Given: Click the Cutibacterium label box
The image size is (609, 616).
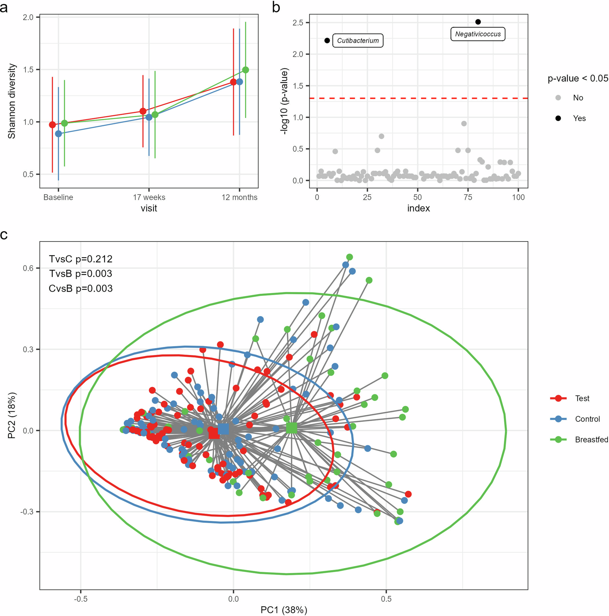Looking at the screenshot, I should (x=358, y=40).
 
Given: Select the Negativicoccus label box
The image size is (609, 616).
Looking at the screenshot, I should (x=477, y=34).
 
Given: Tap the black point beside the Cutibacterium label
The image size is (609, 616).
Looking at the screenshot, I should (x=327, y=41).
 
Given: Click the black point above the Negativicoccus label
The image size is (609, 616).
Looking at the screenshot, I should (x=478, y=22).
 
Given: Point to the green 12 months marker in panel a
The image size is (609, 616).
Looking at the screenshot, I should (x=245, y=70).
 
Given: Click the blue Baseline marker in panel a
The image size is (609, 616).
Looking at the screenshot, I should (x=58, y=134).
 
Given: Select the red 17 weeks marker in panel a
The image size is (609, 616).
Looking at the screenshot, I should (x=143, y=111).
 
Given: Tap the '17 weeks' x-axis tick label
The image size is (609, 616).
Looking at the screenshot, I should (x=149, y=197).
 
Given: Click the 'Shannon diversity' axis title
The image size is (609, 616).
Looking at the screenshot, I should (x=12, y=101).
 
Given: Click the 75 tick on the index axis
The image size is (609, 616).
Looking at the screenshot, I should (x=468, y=197).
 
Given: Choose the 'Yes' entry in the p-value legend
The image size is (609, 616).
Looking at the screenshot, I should (x=579, y=118).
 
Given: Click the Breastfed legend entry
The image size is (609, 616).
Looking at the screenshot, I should (x=591, y=440).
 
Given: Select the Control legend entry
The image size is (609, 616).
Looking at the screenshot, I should (x=587, y=419).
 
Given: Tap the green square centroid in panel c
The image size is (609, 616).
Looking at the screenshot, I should (x=292, y=428).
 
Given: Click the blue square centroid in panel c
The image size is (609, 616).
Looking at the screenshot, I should (x=223, y=429).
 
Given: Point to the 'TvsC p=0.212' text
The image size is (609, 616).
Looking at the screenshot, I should (x=81, y=259).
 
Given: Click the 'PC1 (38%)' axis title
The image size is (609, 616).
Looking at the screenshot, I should (x=284, y=610).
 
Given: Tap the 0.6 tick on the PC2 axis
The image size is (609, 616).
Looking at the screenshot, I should (x=29, y=268).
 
